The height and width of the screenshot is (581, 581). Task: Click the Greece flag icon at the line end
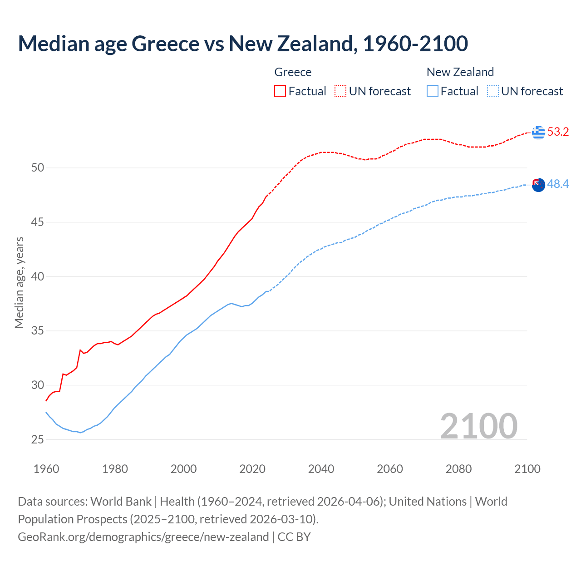point(538,132)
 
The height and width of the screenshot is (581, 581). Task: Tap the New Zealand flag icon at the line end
point(538,185)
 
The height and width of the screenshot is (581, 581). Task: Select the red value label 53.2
point(558,132)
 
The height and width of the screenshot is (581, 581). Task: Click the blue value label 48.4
point(558,184)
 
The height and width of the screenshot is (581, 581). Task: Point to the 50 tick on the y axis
point(38,168)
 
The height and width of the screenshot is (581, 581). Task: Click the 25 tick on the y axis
point(38,439)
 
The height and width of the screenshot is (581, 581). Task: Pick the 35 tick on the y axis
point(38,331)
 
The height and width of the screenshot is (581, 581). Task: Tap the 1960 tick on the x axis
point(46,469)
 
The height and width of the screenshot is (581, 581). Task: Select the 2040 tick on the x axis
point(321,469)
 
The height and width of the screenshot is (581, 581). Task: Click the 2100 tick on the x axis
point(527,469)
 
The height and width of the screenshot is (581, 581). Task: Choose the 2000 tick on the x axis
point(183,469)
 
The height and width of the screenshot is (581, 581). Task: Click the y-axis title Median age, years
point(19,282)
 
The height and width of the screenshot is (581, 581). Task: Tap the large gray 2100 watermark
point(478,426)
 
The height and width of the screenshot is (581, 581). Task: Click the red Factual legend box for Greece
point(280,91)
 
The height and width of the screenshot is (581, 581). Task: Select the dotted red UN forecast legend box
point(340,91)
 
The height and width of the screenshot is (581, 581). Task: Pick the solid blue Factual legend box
point(433,91)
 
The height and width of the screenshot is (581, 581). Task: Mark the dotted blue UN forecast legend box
point(493,91)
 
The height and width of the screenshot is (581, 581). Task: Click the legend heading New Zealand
point(460,72)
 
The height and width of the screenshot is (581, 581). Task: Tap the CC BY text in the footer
point(294,537)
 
